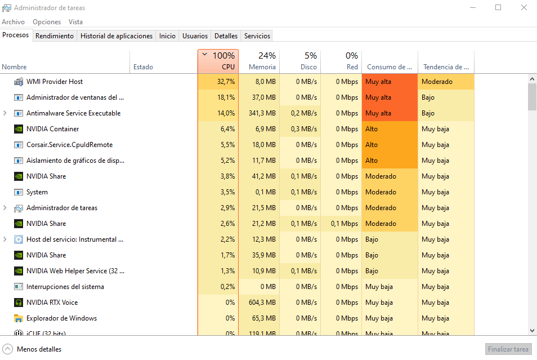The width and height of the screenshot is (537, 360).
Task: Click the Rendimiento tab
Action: (x=55, y=36)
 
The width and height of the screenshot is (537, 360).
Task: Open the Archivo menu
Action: (x=13, y=22)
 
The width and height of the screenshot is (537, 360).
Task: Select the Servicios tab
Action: (x=257, y=36)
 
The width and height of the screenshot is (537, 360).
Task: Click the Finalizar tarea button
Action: (x=508, y=349)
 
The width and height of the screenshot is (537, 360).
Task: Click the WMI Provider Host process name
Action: (x=55, y=82)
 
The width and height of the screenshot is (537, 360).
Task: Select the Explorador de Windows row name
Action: (x=61, y=318)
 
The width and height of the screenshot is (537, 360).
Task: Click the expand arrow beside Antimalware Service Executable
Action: (x=5, y=113)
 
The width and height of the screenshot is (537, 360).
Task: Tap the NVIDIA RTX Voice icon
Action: (x=18, y=303)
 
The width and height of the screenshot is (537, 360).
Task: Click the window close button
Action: (x=523, y=8)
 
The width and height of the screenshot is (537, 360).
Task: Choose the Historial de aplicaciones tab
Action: (x=117, y=36)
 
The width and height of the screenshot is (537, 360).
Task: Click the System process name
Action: (x=37, y=192)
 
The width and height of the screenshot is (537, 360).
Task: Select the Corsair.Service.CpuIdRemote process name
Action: (x=69, y=145)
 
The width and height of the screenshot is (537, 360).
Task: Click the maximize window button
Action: (x=498, y=8)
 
